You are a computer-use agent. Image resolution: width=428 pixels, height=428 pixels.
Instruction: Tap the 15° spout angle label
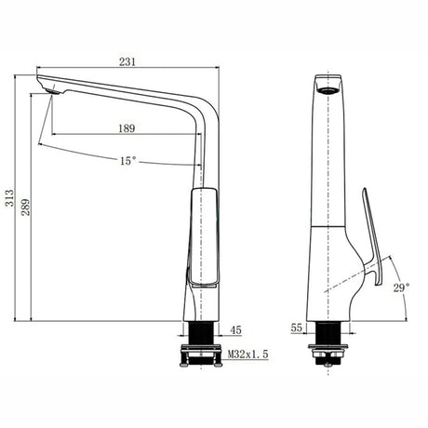(127, 161)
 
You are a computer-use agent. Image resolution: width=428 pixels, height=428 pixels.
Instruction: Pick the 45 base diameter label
(235, 329)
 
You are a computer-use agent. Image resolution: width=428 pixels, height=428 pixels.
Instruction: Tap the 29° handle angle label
(399, 288)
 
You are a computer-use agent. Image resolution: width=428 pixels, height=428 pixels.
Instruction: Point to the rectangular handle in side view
(203, 237)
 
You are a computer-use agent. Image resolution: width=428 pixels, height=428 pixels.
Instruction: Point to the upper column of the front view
(328, 158)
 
